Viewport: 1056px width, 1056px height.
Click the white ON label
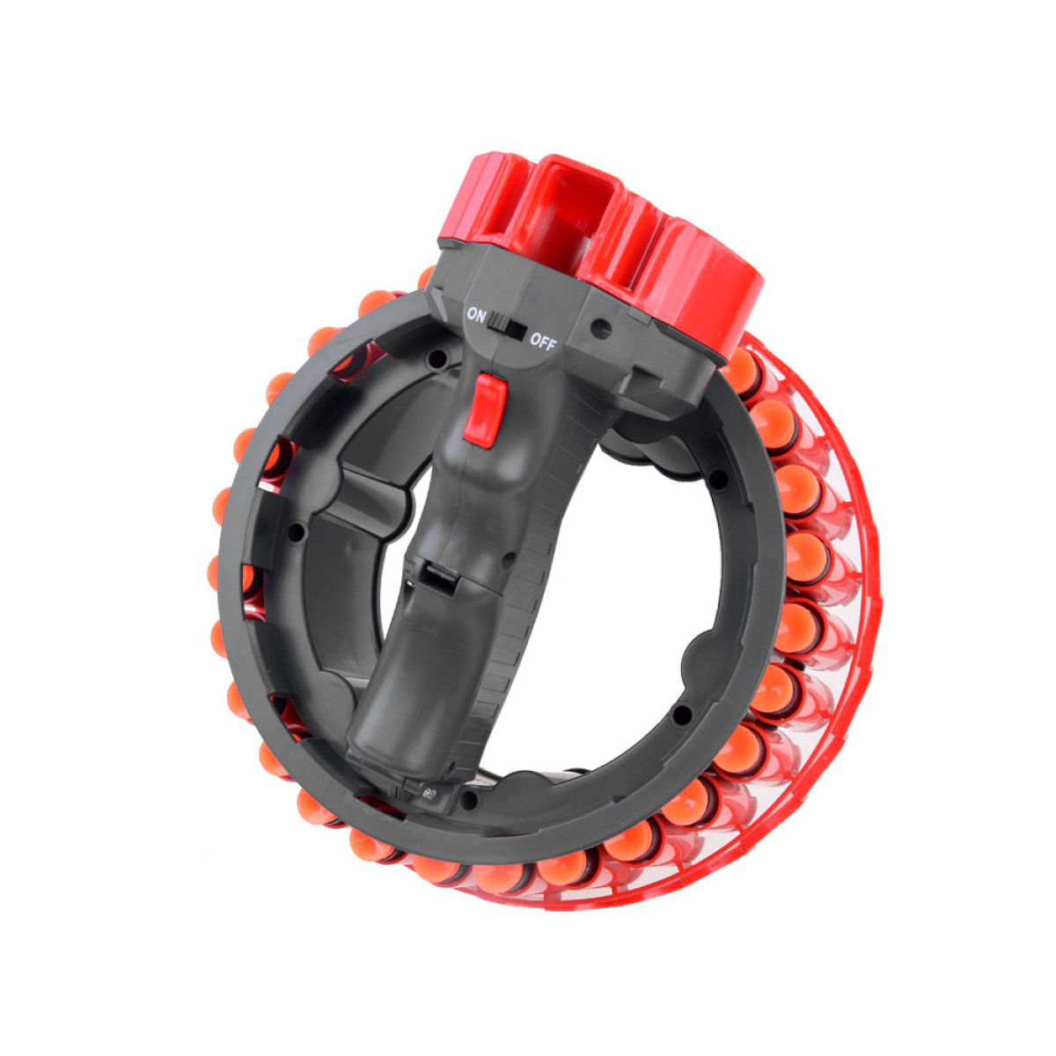[x=476, y=316]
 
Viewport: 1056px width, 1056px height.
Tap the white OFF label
[x=543, y=343]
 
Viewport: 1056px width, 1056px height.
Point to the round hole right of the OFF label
[x=602, y=329]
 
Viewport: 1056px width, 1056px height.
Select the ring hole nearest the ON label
[x=437, y=360]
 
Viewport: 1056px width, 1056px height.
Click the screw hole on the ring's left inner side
[x=297, y=531]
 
